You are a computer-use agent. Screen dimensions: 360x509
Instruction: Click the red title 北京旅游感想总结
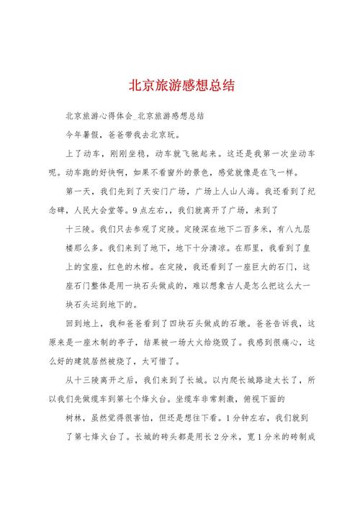[180, 85]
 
